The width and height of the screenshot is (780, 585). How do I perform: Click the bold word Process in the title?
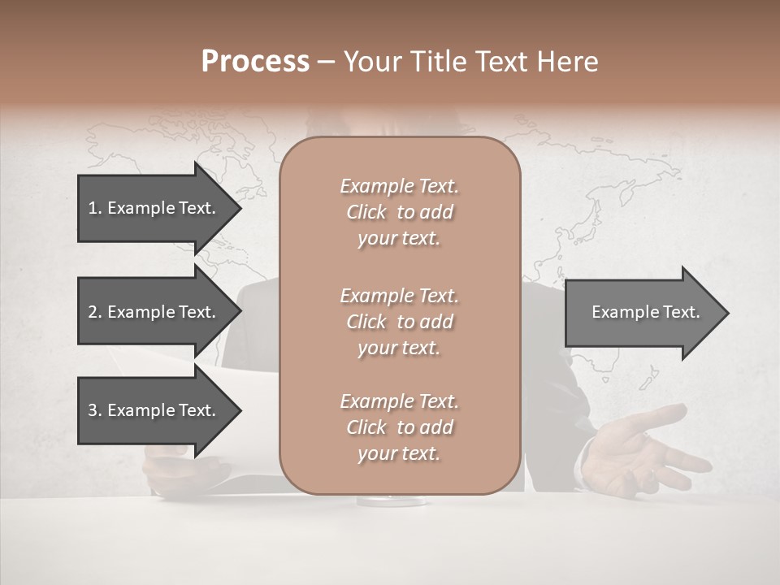point(255,62)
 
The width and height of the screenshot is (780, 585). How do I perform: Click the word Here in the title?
point(565,62)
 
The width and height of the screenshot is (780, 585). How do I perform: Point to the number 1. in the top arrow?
point(95,209)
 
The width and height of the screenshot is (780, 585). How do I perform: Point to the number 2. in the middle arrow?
point(95,313)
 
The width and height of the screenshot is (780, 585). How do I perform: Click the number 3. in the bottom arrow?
point(95,411)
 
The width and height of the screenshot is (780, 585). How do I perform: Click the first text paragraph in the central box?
point(399,212)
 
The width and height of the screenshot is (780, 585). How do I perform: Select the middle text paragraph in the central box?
point(399,322)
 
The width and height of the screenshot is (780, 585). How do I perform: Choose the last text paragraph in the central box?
point(399,427)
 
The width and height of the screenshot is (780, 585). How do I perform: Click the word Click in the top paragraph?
point(366,213)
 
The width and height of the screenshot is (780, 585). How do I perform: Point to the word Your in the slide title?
point(371,62)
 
